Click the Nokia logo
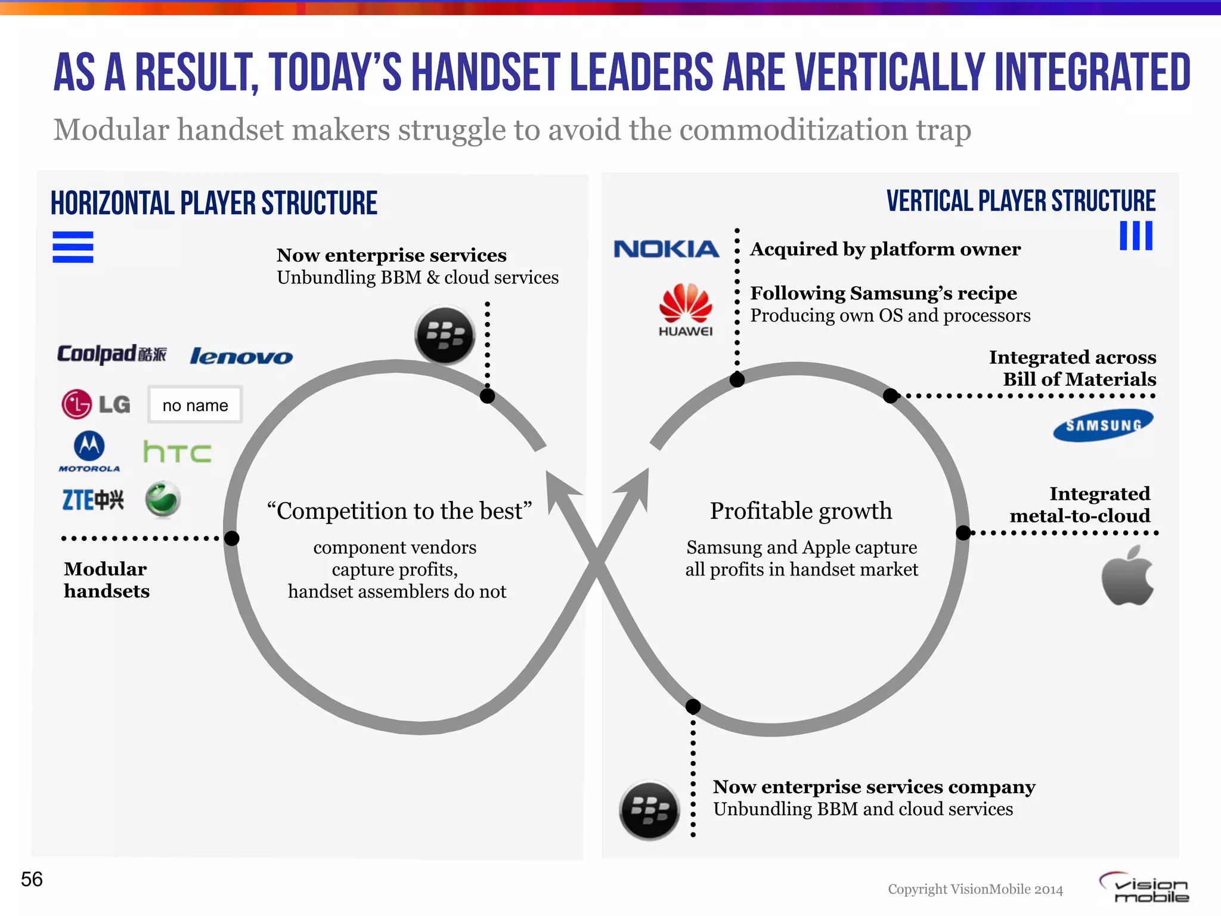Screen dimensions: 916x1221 point(666,249)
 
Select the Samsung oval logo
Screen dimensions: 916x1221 point(1103,425)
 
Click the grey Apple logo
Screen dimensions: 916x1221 point(1127,575)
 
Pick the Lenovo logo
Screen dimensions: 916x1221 point(241,357)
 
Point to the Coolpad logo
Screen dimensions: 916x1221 point(111,354)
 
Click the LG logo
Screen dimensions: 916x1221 point(96,404)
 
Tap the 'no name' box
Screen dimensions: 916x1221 point(195,406)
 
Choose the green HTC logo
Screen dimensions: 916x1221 point(177,452)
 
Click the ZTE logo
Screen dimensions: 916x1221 point(93,500)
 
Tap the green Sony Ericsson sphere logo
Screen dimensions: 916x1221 point(163,499)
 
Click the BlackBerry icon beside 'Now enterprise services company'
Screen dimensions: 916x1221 point(649,810)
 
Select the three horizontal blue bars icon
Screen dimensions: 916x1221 point(73,247)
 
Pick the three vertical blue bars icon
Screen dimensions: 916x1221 point(1136,236)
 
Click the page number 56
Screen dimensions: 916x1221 point(32,879)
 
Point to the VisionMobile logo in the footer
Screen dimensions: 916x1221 point(1145,888)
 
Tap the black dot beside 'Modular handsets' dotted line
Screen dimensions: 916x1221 point(232,539)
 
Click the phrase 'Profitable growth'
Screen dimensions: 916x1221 point(801,511)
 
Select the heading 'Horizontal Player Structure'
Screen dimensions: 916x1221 point(214,203)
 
